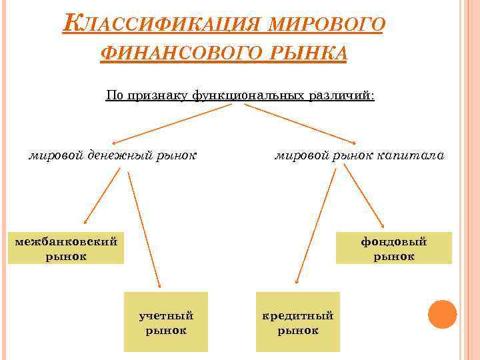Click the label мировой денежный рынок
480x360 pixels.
click(x=112, y=156)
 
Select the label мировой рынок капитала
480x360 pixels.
click(x=359, y=156)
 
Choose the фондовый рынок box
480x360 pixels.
click(x=394, y=248)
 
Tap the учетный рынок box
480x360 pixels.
click(x=166, y=322)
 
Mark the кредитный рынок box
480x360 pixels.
click(x=298, y=322)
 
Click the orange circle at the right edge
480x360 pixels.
click(x=442, y=314)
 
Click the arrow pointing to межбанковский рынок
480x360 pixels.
click(x=101, y=197)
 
